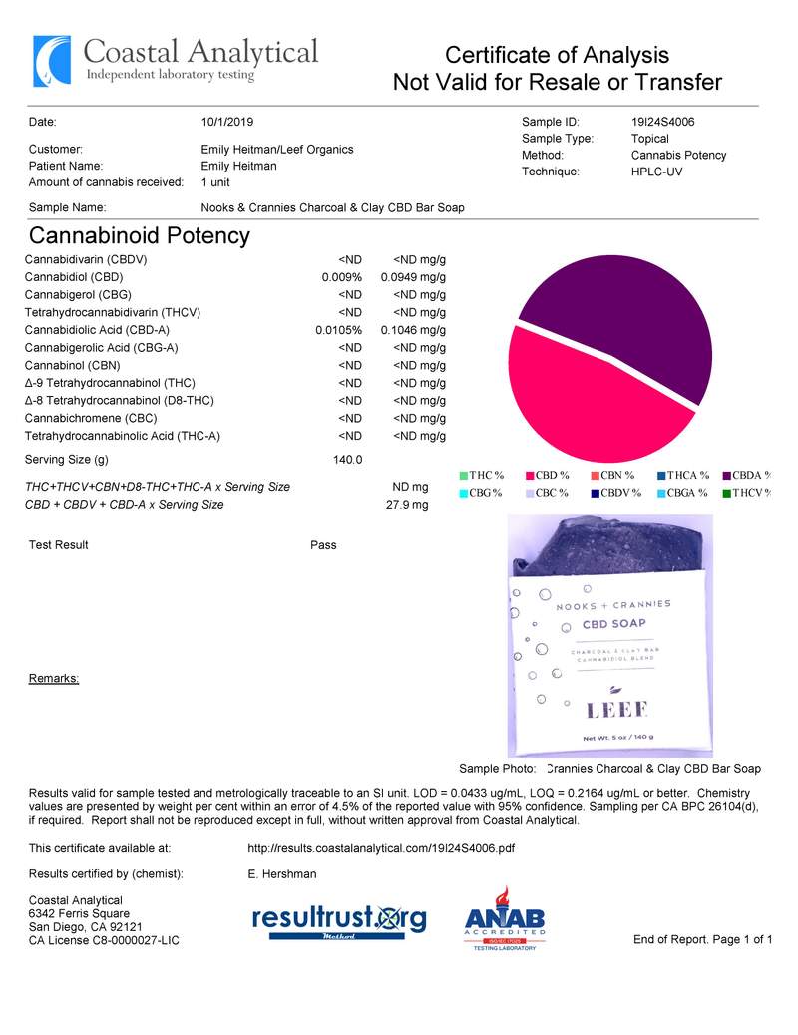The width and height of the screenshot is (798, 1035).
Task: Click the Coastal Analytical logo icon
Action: pos(52,61)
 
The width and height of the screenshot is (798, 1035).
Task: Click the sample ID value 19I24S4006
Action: pos(662,122)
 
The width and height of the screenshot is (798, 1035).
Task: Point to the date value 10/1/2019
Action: pos(227,122)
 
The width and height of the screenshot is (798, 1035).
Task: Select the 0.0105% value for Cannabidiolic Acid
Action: pos(338,330)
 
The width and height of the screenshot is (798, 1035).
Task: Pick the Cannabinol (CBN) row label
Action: pos(72,365)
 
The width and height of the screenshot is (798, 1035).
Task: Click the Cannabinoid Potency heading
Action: pos(139,236)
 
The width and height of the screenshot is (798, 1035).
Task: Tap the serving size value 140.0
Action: pos(347,460)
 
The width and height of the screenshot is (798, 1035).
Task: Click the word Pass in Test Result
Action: pos(323,545)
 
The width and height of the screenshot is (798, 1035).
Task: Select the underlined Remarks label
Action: pos(54,679)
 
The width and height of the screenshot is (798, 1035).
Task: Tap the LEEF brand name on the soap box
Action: pos(616,710)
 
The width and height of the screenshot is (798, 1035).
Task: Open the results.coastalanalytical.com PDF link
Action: pos(380,849)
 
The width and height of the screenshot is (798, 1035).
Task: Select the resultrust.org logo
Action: pos(339,919)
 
